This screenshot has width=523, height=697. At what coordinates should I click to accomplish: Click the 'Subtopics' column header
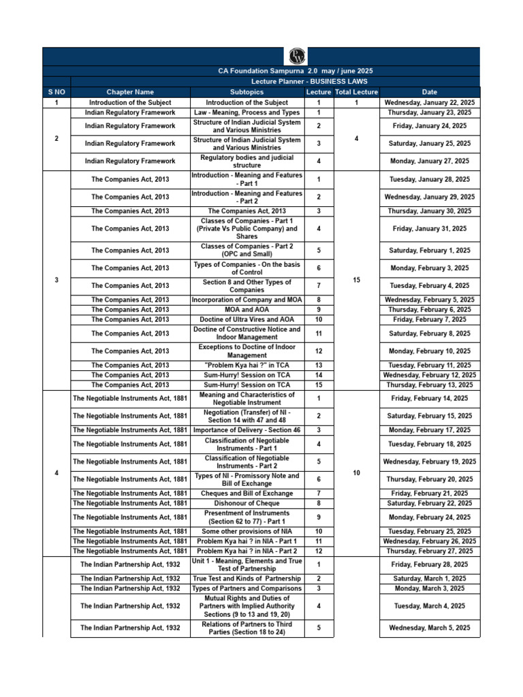click(x=247, y=92)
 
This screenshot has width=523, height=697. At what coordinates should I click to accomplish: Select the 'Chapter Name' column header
click(x=130, y=92)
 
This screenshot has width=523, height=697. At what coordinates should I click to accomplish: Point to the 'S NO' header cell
click(x=56, y=92)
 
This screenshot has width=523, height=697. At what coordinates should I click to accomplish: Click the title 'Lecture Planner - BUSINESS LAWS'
click(x=295, y=81)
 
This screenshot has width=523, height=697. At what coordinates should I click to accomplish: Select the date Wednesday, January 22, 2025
click(x=429, y=102)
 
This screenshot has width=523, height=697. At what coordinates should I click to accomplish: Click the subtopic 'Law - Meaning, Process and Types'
click(x=247, y=112)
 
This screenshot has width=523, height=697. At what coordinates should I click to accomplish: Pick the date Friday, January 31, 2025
click(x=429, y=229)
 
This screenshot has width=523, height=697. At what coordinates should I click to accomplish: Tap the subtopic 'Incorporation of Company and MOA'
click(x=247, y=299)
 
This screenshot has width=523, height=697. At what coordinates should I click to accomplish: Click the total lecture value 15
click(x=356, y=280)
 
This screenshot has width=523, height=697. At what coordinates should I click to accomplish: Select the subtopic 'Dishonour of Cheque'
click(x=247, y=503)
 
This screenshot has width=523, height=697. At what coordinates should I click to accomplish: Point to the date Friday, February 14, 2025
click(x=429, y=398)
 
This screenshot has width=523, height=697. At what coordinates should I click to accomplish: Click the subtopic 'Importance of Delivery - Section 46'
click(x=247, y=430)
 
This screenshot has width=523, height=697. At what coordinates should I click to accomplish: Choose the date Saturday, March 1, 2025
click(x=429, y=579)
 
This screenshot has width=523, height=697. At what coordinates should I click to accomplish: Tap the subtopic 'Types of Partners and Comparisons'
click(x=247, y=588)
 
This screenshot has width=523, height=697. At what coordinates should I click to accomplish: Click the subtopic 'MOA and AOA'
click(x=247, y=310)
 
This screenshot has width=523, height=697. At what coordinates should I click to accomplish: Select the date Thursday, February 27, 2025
click(x=429, y=551)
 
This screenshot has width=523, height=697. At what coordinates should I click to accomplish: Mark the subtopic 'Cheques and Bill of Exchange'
click(x=247, y=493)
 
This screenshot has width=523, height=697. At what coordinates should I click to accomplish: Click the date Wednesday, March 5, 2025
click(x=429, y=628)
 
